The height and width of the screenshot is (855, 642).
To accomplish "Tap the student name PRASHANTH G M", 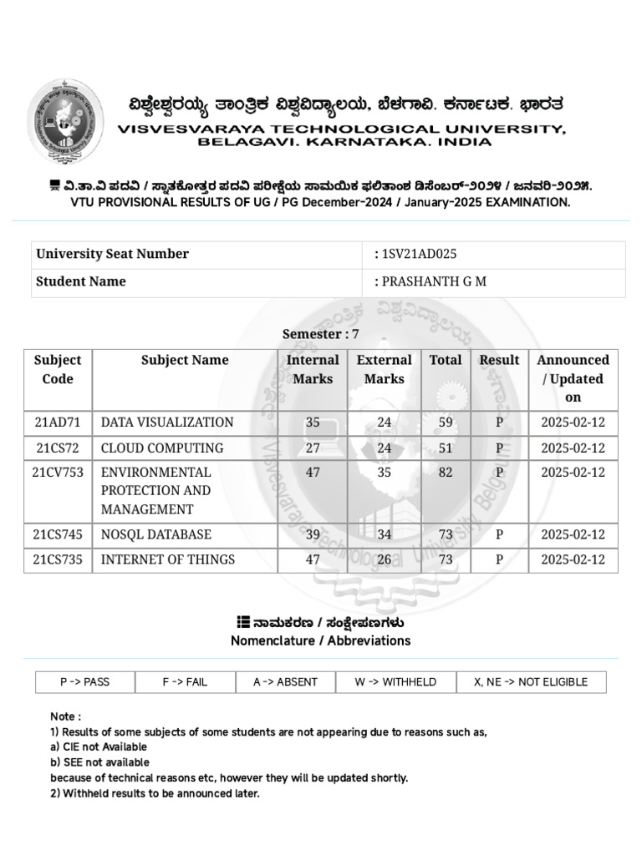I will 434,281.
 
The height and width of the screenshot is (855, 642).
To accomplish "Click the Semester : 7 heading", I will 320,334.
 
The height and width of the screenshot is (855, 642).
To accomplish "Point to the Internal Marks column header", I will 313,369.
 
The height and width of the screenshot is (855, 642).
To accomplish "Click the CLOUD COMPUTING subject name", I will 162,448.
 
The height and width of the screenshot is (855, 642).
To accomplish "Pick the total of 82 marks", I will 446,473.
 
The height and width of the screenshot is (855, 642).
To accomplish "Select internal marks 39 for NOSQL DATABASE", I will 313,534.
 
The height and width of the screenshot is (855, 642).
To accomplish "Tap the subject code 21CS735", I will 58,559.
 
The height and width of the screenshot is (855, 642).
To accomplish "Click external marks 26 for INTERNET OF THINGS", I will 384,559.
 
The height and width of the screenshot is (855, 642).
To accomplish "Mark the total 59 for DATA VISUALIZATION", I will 446,422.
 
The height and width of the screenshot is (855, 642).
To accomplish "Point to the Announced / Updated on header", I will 573,378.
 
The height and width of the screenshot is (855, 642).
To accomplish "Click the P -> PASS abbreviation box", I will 85,682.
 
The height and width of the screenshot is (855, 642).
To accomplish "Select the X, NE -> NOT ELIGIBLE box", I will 531,682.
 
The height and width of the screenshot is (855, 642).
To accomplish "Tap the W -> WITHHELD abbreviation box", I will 395,682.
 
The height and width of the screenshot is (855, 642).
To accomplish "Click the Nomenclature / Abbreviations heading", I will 320,641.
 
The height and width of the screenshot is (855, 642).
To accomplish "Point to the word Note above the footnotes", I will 65,716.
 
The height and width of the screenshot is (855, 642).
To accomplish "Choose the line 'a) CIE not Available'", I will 99,747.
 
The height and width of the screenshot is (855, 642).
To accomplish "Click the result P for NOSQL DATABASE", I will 499,534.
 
